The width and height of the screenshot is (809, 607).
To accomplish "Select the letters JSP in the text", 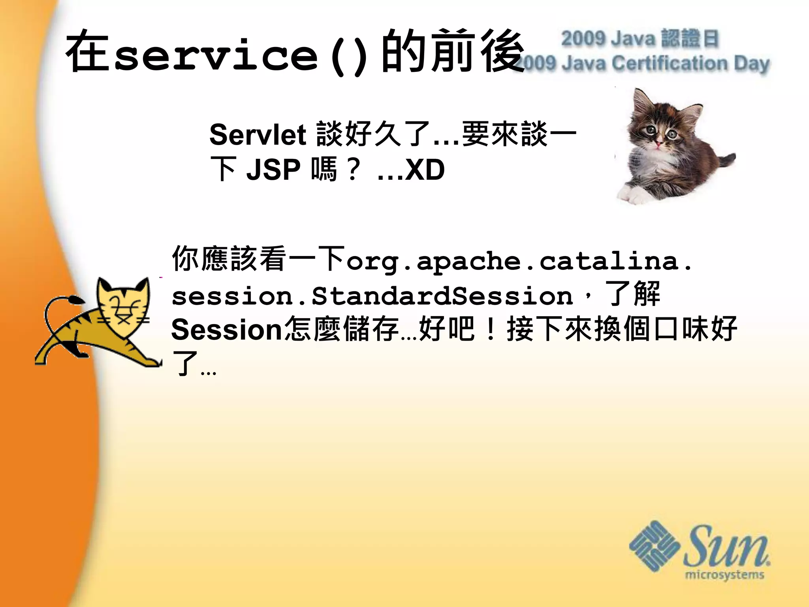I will pos(273,170).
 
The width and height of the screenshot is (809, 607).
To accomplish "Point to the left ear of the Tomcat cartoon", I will pos(103,287).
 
